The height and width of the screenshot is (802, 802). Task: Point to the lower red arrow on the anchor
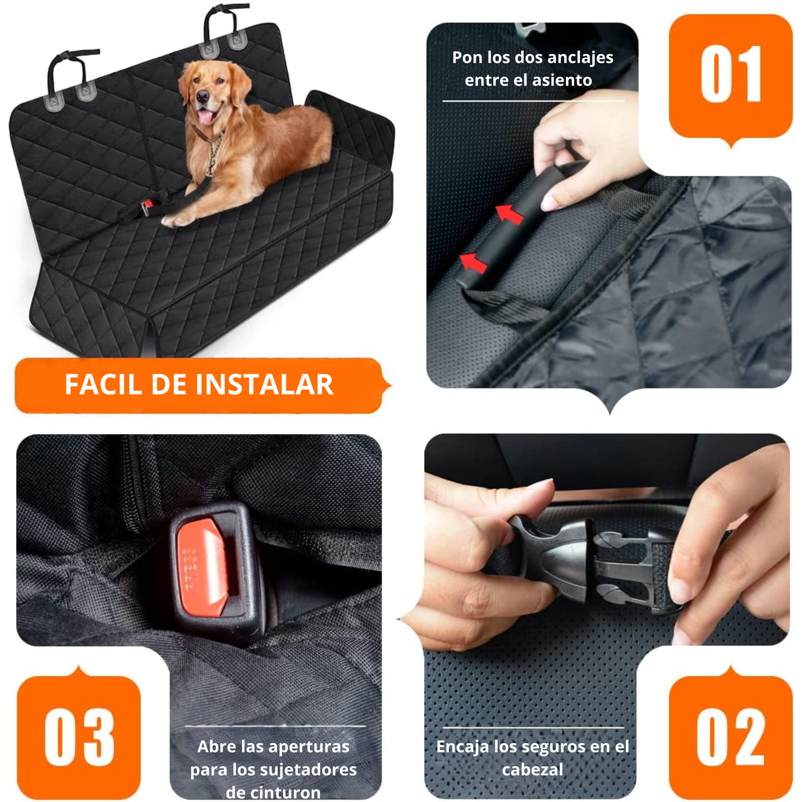click(x=473, y=262)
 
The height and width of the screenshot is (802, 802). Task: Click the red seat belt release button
click(x=202, y=567)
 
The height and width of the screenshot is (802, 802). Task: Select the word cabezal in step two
click(x=532, y=770)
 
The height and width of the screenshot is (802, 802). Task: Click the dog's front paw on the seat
click(x=175, y=220)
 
